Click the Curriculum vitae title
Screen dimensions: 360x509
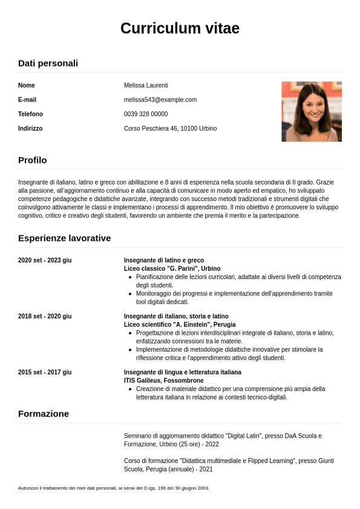pos(180,28)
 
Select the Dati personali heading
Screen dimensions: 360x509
pos(48,63)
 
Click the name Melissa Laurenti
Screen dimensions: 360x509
pos(146,85)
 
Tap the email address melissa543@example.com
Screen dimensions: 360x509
pos(160,100)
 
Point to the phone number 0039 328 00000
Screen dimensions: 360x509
pos(146,114)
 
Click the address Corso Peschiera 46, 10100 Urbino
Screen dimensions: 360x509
pos(170,129)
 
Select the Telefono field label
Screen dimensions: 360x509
pos(30,114)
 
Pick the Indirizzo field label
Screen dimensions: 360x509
pos(30,129)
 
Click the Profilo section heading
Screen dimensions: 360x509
pos(32,160)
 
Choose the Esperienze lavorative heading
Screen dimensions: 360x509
pos(64,238)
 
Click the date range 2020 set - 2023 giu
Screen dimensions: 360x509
pos(45,260)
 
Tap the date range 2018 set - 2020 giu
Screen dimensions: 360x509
pos(45,316)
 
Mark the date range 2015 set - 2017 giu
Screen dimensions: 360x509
pos(45,372)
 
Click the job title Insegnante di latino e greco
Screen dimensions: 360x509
pos(164,260)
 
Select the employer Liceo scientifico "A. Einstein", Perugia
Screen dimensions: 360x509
pos(180,324)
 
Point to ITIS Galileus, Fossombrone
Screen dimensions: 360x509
pos(163,381)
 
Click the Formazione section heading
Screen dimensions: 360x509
pos(44,413)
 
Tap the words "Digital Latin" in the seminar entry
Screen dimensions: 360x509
pos(244,436)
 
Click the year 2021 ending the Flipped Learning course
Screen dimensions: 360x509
pos(206,469)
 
